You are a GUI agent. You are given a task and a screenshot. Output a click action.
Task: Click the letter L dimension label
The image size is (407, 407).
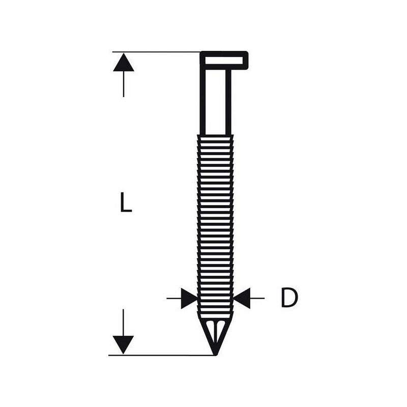click(x=126, y=201)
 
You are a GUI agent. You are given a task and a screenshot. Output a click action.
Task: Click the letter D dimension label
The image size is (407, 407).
click(x=289, y=298)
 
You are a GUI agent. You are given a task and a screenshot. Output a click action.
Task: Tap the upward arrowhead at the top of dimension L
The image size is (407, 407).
click(x=124, y=62)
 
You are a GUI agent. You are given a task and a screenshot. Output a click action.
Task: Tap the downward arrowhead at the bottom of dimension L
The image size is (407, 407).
click(x=123, y=345)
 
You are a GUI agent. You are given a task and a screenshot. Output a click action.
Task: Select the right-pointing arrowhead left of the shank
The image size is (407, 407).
click(x=189, y=298)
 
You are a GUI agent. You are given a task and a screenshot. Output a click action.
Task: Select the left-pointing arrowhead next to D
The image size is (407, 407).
click(x=242, y=298)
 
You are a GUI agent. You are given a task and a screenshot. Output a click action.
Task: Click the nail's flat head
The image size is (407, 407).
click(x=224, y=61)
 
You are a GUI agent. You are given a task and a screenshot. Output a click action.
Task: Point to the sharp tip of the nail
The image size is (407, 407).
click(x=215, y=355)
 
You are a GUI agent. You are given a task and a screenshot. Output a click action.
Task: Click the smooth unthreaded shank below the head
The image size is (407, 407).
click(x=215, y=102)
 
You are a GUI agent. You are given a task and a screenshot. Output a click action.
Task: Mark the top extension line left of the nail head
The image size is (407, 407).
click(x=156, y=52)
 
